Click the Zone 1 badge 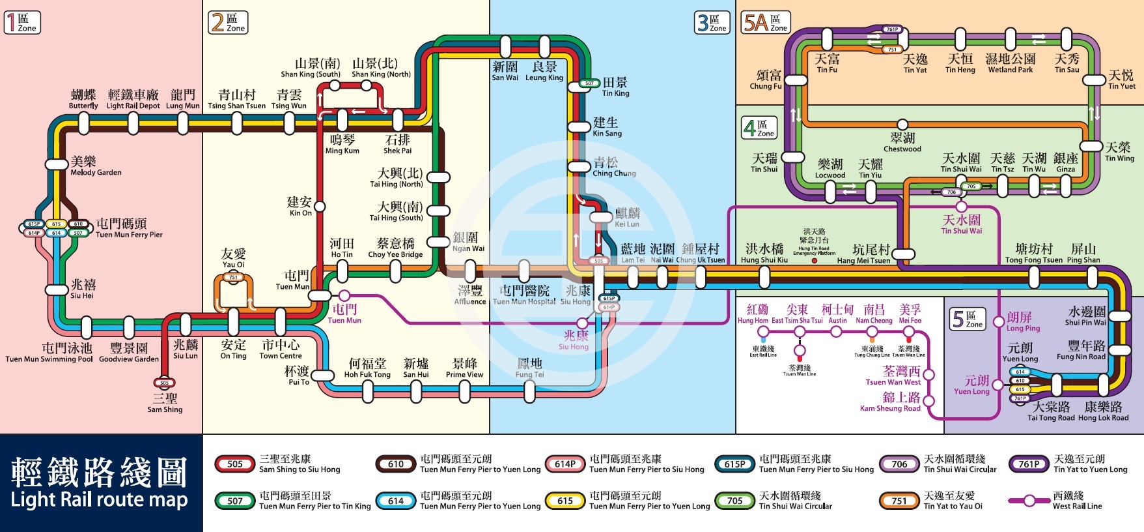22,23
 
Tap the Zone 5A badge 766,23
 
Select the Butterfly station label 83,100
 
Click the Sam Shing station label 165,404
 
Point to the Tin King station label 615,87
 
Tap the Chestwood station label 902,143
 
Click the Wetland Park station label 1011,64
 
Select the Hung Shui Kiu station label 764,253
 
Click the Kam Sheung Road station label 890,402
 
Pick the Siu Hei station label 83,289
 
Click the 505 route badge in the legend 235,464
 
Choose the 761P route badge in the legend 1029,464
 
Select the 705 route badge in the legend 735,501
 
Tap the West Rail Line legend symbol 1029,501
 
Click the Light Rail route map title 100,484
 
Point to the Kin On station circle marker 320,207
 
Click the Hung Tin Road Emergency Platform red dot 814,261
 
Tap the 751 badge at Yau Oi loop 233,278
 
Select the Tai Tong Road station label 1052,411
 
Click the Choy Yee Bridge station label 395,248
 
